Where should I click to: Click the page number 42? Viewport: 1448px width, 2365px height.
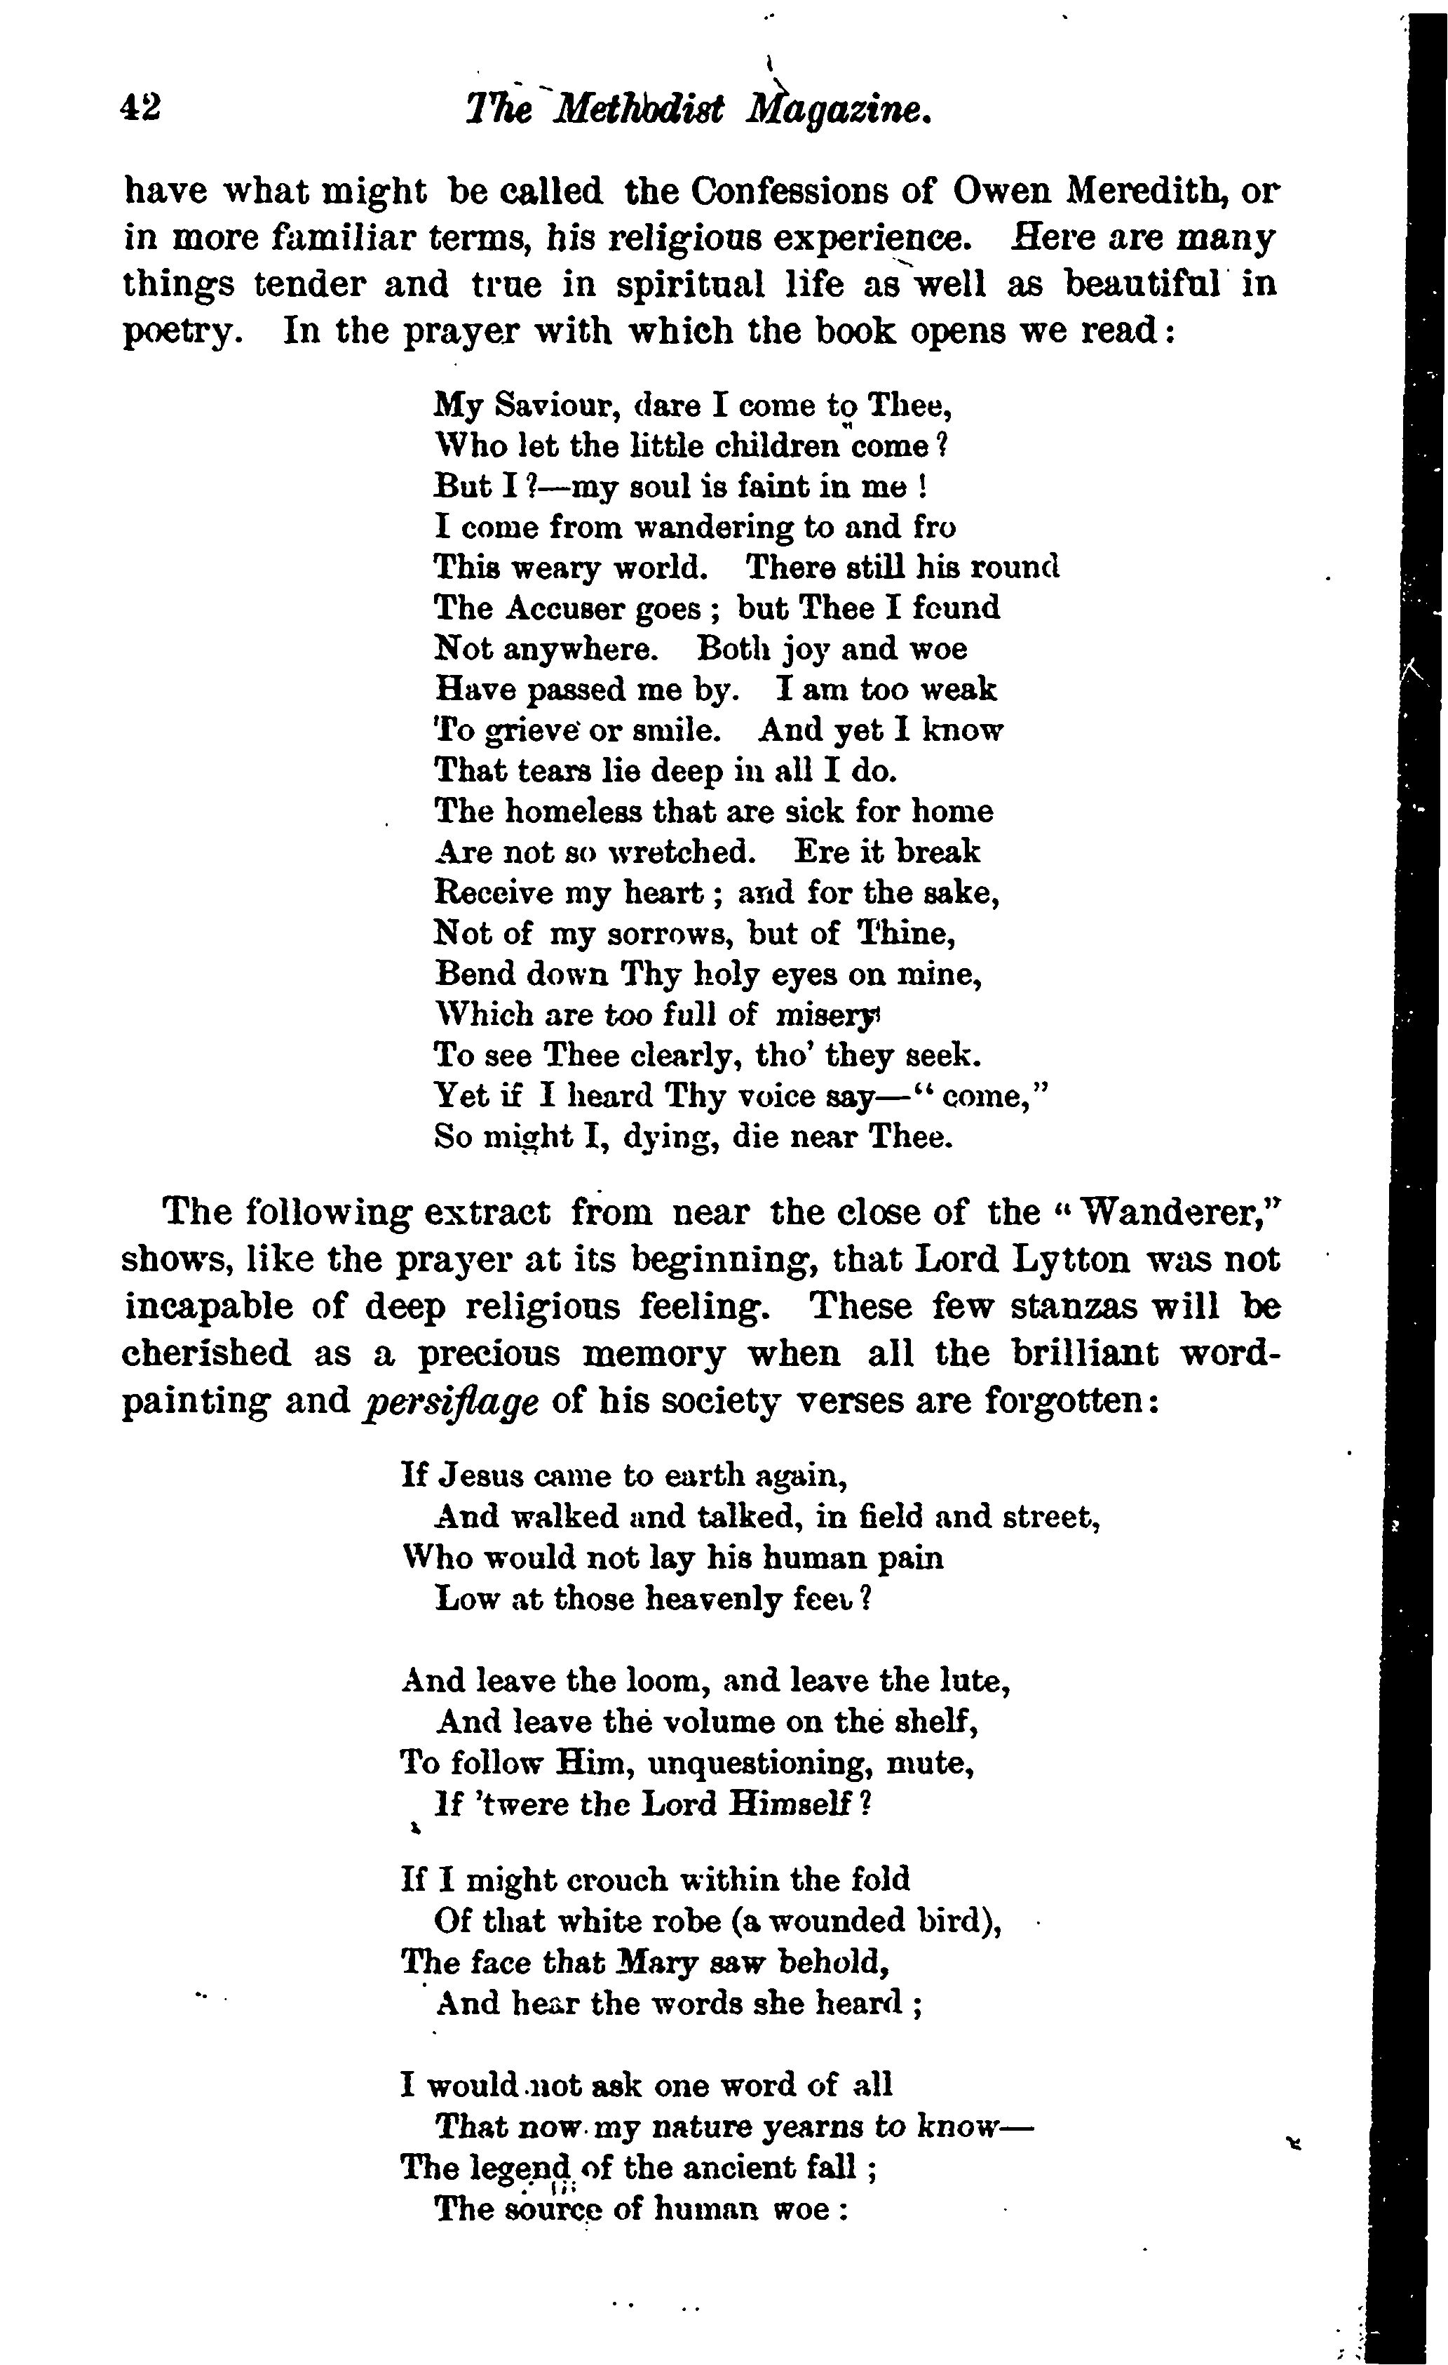[x=140, y=107]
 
